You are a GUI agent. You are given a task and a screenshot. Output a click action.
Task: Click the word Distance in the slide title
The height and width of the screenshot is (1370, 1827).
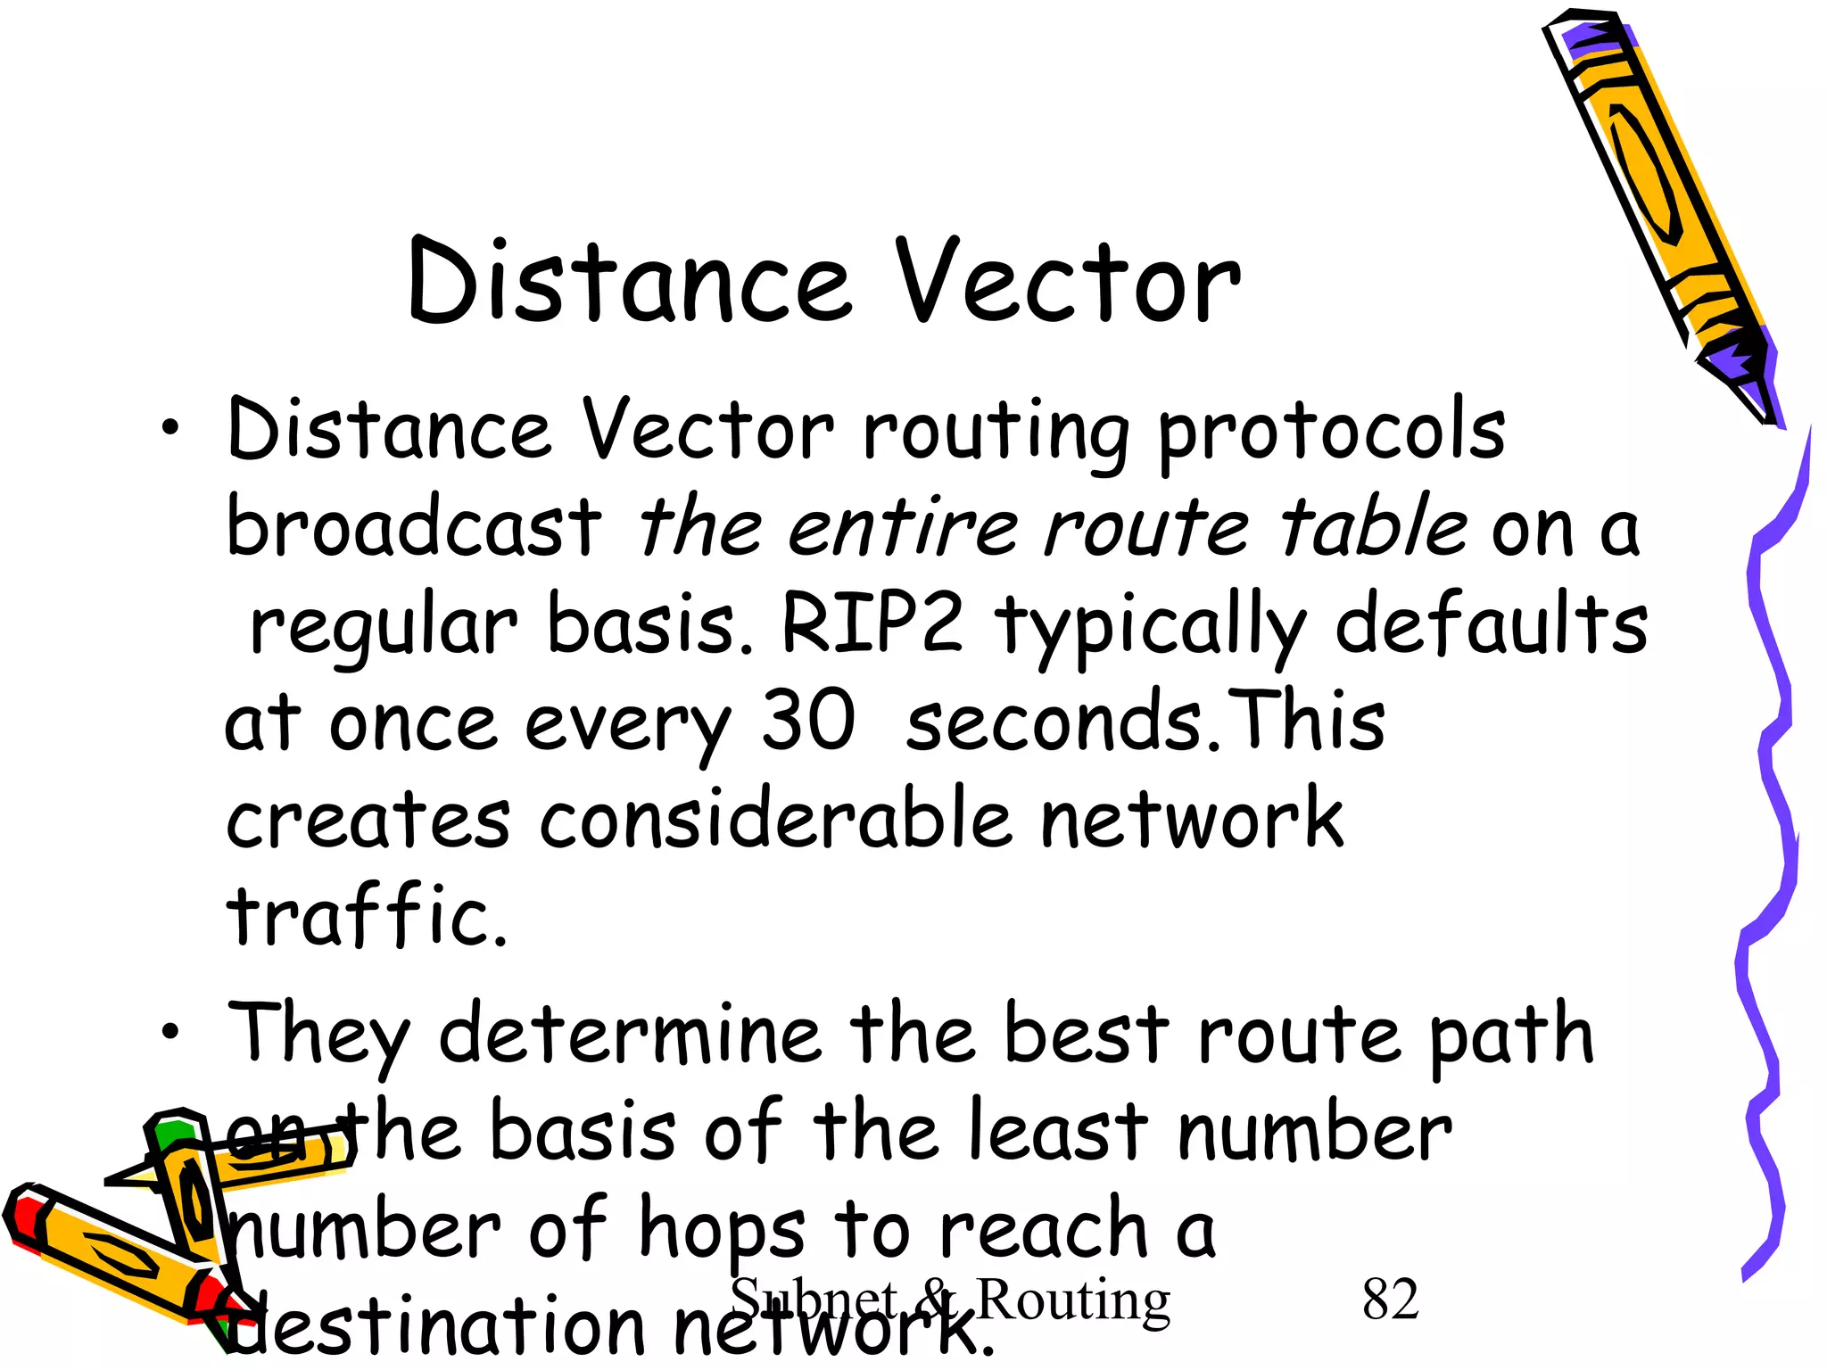click(630, 284)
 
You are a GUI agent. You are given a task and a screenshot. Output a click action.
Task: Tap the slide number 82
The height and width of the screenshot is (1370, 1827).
click(1390, 1300)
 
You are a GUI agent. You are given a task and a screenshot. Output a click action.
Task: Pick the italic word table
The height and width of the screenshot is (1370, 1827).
click(1373, 526)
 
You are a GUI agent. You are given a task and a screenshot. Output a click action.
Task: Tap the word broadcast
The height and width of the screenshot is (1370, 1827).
click(414, 526)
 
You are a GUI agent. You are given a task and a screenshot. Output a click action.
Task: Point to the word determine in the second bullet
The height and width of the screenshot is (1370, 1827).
click(630, 1035)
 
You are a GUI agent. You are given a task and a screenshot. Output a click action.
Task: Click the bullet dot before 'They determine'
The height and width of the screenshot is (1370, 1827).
click(169, 1033)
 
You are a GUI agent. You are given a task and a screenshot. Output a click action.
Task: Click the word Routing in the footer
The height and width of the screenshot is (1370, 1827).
click(1073, 1301)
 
